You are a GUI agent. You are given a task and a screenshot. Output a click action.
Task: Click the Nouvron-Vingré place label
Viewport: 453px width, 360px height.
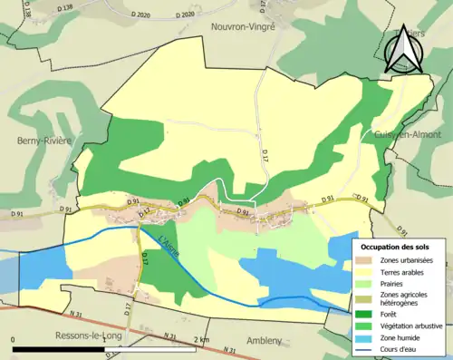pos(242,27)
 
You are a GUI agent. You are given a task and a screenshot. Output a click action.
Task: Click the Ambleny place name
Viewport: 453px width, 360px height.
pos(268,344)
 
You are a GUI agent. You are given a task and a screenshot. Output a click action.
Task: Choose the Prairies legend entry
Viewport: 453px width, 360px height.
pos(392,283)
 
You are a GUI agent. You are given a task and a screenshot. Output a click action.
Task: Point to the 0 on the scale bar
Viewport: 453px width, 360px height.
pos(14,339)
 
